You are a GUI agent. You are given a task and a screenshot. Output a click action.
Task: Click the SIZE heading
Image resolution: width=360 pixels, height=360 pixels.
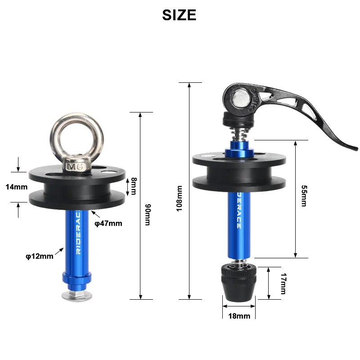coord(179,15)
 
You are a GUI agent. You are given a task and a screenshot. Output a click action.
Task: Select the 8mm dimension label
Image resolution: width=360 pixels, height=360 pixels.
coord(134,186)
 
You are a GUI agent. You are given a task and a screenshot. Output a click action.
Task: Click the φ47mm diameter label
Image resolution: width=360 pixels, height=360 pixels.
coord(108,223)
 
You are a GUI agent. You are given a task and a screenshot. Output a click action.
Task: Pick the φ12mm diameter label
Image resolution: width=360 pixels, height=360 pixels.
coord(39,256)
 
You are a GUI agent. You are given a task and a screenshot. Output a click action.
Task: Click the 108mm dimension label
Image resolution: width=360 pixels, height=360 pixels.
coord(180,199)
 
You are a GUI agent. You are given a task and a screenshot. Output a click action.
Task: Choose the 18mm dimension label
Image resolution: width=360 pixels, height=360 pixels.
coord(239,316)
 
